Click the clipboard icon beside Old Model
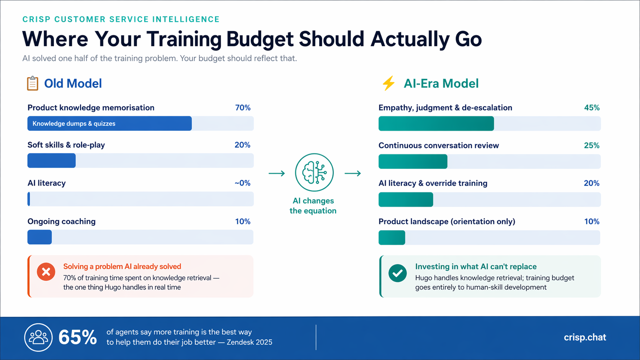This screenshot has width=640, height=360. coord(33,83)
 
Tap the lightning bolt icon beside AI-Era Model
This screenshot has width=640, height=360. coord(389,83)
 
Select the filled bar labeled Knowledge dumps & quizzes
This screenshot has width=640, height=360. coord(109,124)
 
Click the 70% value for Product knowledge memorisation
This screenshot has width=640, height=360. coord(243,108)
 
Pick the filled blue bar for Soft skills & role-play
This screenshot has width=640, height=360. coord(52,161)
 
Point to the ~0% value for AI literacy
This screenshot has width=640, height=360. coord(242,183)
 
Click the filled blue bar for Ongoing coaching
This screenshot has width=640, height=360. coord(39,237)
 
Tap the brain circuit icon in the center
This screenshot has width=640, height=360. coord(314,173)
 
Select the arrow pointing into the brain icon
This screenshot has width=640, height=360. coord(277,174)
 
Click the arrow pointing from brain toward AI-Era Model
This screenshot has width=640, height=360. coord(353,174)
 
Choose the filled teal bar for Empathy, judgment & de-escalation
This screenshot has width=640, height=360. coord(436,124)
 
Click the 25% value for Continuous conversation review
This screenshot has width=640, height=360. coord(591,146)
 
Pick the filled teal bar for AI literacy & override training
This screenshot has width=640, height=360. coord(406,200)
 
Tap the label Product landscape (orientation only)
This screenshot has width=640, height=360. coord(447,222)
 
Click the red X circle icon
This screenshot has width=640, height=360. coord(46,272)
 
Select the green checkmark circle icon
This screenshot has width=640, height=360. coord(397,273)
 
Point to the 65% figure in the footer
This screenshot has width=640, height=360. coord(78,337)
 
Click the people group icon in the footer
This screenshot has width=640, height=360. coord(38,337)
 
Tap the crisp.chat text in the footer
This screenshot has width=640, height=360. coord(584,337)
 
